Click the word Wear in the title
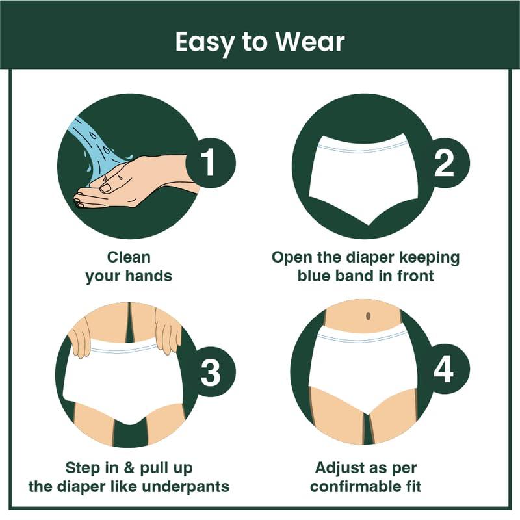tap(310, 42)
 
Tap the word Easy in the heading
tap(204, 43)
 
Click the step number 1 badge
tap(210, 163)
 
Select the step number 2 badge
tap(445, 163)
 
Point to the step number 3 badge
tap(210, 372)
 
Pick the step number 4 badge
tap(445, 369)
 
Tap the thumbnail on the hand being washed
tap(106, 188)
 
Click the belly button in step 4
tap(368, 316)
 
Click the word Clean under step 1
tap(129, 257)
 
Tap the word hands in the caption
tap(151, 276)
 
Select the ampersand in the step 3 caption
tap(129, 468)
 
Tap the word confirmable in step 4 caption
tap(355, 486)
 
